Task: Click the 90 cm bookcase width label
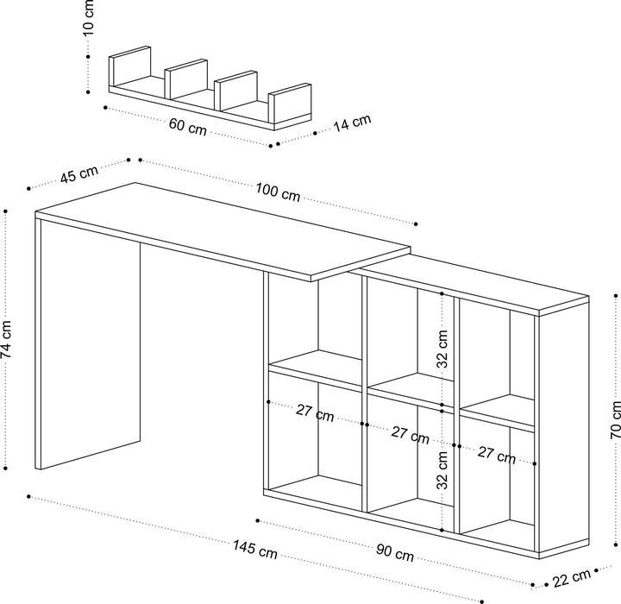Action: [396, 551]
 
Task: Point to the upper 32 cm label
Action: [442, 349]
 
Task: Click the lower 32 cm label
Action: [442, 470]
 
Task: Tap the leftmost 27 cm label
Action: [314, 413]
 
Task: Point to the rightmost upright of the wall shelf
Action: [291, 104]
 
